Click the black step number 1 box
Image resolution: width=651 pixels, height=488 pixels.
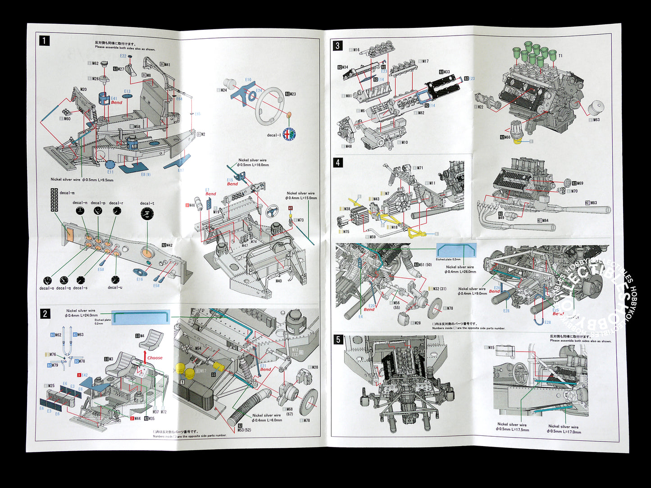coord(44,41)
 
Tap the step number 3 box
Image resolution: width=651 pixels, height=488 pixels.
coord(338,45)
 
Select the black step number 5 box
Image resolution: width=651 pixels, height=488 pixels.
coord(338,339)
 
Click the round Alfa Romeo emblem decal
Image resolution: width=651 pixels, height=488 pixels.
coord(288,134)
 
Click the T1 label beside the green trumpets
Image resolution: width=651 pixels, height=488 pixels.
coord(560,56)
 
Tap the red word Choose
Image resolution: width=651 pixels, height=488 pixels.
coord(155,358)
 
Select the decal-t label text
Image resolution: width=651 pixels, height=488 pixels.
coord(147,203)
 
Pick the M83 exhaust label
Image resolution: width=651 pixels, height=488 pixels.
coord(593,203)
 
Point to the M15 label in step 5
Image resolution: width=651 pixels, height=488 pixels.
coord(491,348)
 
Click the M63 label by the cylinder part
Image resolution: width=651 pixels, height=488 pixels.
coord(596,120)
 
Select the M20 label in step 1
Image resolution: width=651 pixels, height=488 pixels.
coord(83,89)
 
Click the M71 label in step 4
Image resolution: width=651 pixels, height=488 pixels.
coord(419,168)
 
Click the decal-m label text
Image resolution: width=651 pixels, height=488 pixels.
coord(67,193)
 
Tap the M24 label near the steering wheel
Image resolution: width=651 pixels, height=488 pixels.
coord(223,90)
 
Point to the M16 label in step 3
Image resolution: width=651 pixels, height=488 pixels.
coord(356,50)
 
